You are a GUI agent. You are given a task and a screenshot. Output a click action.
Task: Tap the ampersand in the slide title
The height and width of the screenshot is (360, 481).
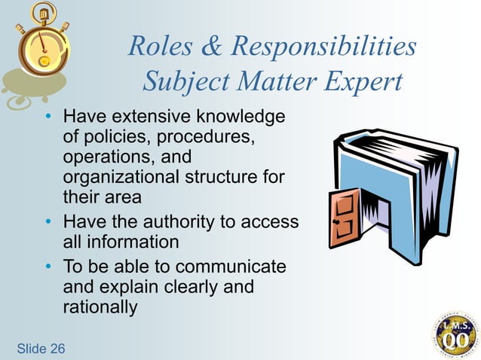213,47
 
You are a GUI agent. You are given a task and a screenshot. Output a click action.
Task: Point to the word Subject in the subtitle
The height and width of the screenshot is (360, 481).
179,81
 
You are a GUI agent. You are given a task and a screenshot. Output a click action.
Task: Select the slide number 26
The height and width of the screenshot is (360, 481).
57,348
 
